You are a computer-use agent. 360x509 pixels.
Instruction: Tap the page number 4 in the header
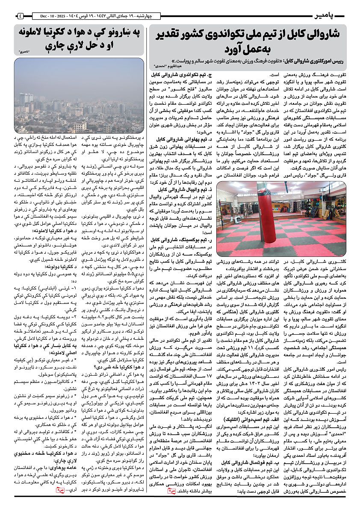[x=21, y=17]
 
